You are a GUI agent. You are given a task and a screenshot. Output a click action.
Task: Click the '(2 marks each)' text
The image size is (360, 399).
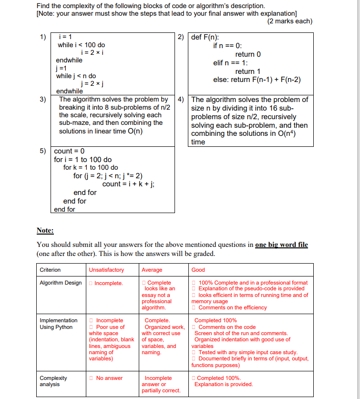click(289, 21)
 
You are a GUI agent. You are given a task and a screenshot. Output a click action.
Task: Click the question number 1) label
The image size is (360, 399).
click(43, 37)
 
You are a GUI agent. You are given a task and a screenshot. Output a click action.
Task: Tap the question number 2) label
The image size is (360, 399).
click(181, 37)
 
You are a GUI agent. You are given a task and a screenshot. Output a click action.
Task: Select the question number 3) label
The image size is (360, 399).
click(43, 100)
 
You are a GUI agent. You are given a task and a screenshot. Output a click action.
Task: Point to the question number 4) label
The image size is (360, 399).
click(181, 100)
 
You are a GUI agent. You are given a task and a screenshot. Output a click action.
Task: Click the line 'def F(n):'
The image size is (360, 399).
click(205, 37)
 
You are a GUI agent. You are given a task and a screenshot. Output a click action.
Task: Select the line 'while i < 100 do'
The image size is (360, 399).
click(81, 45)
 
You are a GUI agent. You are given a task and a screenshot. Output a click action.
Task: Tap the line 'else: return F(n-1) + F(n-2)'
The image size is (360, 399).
click(257, 80)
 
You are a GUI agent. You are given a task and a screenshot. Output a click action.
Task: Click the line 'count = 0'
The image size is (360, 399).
click(69, 151)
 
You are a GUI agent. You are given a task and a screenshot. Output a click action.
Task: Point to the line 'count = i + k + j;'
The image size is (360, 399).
click(128, 184)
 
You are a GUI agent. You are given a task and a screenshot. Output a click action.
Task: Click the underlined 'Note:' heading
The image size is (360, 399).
click(45, 231)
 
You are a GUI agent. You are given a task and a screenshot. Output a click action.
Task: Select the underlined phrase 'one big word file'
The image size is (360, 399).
click(281, 245)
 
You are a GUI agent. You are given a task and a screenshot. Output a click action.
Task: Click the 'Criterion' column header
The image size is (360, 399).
click(50, 270)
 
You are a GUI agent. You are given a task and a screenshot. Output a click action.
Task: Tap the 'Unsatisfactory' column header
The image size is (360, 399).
click(106, 270)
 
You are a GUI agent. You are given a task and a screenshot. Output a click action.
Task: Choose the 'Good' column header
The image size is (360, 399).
click(198, 270)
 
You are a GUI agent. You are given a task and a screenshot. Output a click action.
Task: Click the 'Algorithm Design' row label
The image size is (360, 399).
click(61, 283)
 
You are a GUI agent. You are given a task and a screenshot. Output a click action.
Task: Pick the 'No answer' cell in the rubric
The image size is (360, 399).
click(109, 378)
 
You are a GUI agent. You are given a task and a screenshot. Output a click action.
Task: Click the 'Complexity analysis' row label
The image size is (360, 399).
click(53, 381)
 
